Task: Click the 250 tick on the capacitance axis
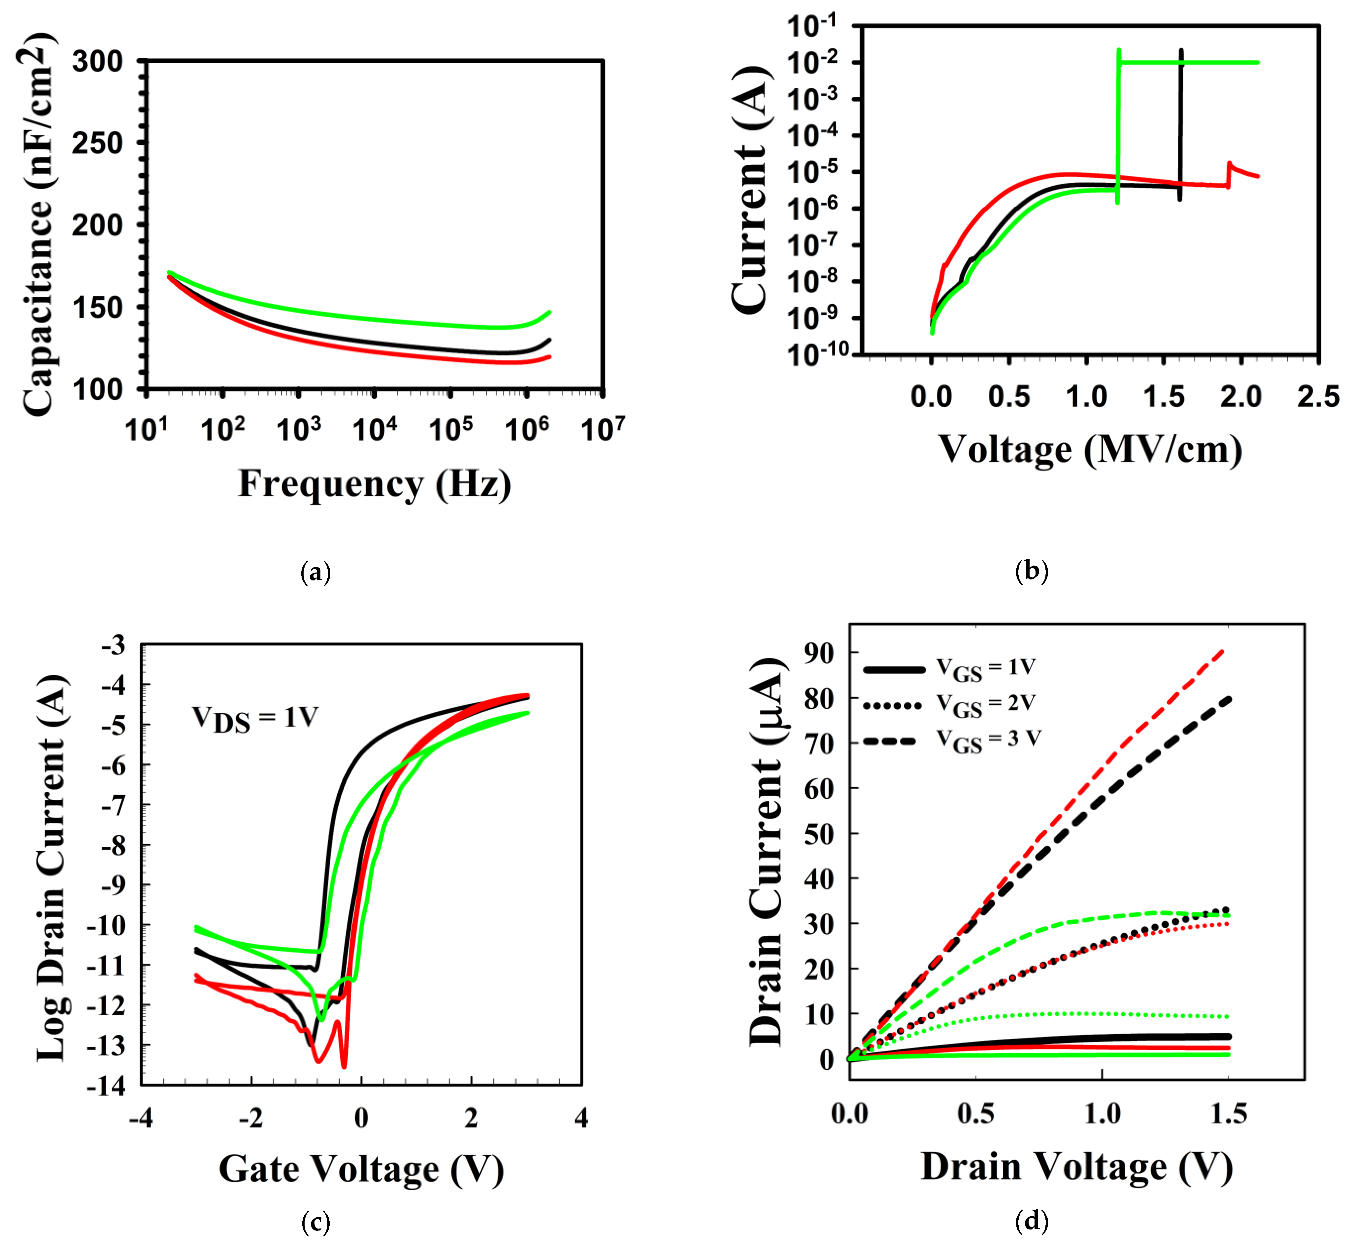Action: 98,143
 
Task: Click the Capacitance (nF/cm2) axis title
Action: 37,225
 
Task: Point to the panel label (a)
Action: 315,572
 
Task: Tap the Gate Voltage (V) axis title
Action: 361,1169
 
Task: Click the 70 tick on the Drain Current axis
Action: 818,743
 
